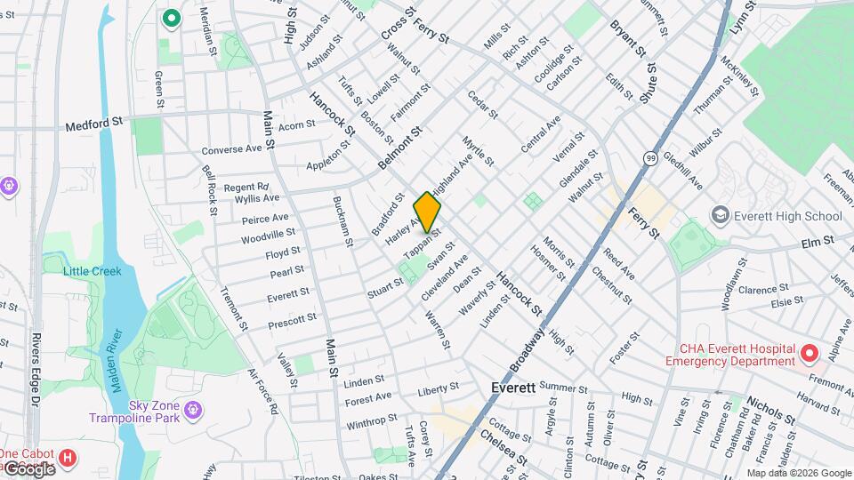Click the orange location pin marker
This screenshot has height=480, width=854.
click(x=427, y=212)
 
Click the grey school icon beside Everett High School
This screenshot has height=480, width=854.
click(x=720, y=216)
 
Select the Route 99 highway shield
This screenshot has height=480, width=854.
click(x=651, y=158)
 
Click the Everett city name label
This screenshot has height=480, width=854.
click(x=513, y=388)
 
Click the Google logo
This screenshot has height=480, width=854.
click(x=28, y=468)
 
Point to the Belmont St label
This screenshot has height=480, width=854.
click(x=398, y=148)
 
